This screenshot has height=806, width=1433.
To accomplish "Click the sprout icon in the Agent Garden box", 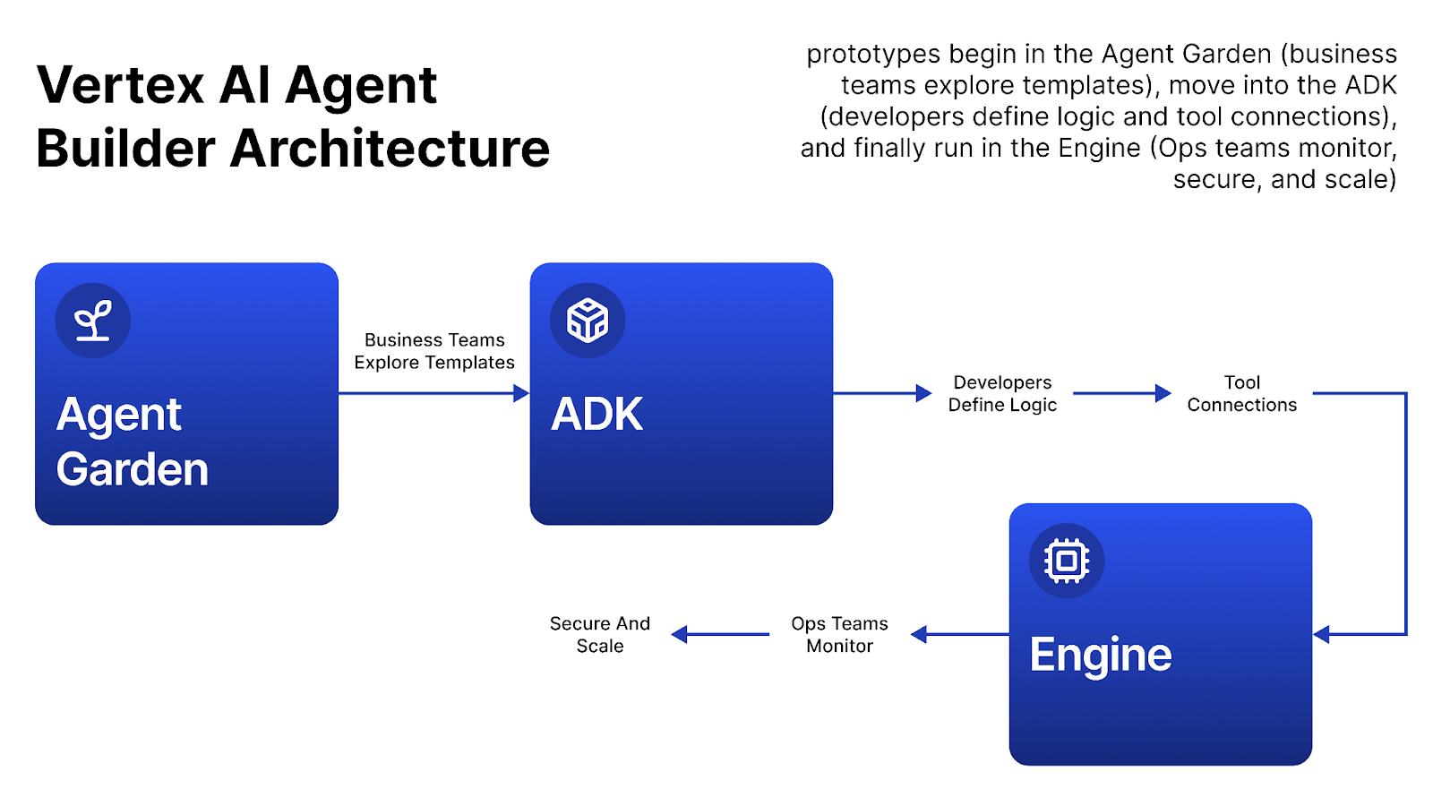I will (93, 321).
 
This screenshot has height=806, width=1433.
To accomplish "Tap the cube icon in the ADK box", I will (588, 321).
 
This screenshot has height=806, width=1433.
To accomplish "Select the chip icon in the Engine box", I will (1066, 561).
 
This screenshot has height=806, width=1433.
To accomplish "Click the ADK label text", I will (596, 415).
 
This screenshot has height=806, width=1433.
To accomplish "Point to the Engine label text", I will (1100, 655).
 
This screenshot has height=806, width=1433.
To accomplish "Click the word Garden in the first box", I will (133, 469).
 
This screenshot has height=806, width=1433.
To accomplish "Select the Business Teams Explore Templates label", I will (434, 351).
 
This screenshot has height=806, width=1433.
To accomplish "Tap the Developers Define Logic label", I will (1002, 393).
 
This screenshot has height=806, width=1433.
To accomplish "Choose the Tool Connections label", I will (1241, 393).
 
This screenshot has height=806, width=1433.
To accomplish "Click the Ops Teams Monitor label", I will (839, 634).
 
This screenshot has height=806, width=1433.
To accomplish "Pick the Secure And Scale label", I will (600, 634).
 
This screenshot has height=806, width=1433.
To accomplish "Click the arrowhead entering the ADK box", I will (521, 393).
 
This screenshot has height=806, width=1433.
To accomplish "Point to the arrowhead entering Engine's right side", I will (1322, 634).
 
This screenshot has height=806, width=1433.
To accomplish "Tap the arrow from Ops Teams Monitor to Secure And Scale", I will (720, 634).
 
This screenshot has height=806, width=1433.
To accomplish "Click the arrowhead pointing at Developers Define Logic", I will (923, 393).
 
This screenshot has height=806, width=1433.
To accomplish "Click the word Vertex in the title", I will (121, 86).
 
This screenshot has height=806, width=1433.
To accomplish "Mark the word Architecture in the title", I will (390, 149).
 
